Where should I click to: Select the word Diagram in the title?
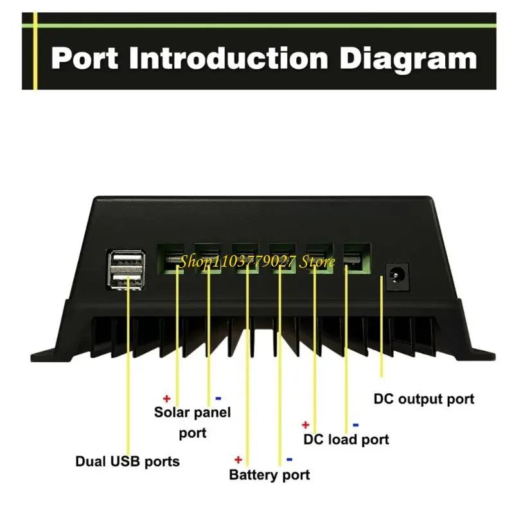coord(408,59)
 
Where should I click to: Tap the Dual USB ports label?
coord(127,461)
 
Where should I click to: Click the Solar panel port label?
coord(192,421)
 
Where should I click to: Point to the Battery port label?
coord(269,475)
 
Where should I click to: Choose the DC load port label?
coord(346,439)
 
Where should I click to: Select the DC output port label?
coord(423,399)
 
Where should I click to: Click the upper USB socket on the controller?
coord(127,260)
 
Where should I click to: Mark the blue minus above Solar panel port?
coord(218,398)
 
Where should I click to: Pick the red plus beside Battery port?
coord(238,459)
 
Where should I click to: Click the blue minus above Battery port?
coord(289,459)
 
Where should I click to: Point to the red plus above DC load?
coord(306,425)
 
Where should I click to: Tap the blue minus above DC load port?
coord(356,425)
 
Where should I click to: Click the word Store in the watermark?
coord(319,261)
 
